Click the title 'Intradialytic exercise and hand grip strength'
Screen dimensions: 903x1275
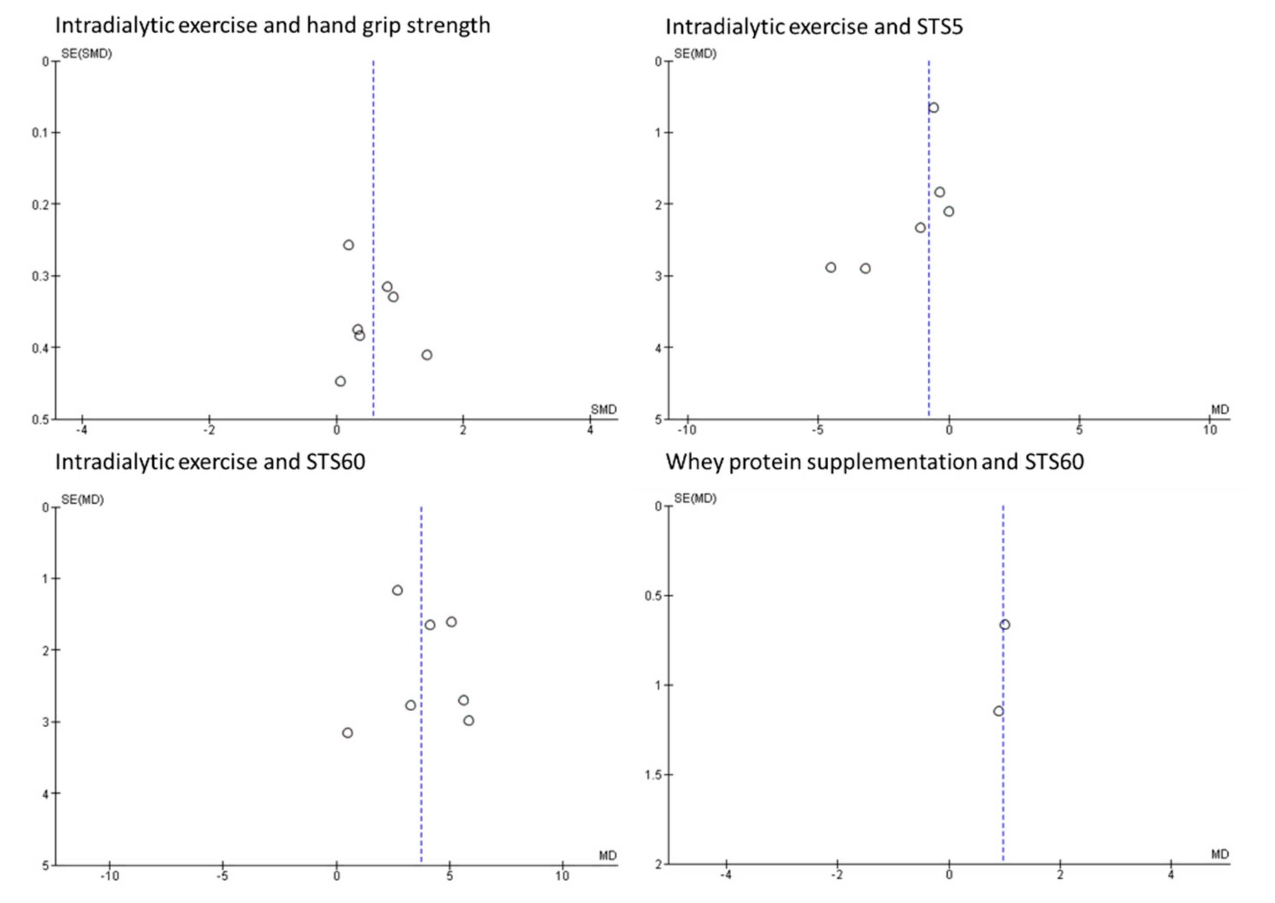click(x=272, y=26)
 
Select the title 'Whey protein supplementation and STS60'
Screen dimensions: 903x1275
click(x=875, y=462)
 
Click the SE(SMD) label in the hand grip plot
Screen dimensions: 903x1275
click(x=86, y=54)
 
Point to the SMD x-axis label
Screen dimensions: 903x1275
click(x=603, y=410)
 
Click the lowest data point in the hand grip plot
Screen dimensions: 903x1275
click(x=340, y=382)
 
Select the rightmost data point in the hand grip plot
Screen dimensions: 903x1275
click(x=426, y=355)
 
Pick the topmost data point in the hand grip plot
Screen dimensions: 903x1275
click(x=348, y=245)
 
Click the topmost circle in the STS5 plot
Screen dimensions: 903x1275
click(x=933, y=108)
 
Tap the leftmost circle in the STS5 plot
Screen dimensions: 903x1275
click(x=831, y=268)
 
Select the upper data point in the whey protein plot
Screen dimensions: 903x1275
click(x=1004, y=625)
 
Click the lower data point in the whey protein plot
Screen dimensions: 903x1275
click(x=998, y=711)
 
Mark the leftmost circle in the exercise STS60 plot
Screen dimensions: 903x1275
click(x=348, y=733)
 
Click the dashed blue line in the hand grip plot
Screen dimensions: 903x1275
click(x=373, y=167)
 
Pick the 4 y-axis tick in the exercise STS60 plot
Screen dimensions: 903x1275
click(x=45, y=793)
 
